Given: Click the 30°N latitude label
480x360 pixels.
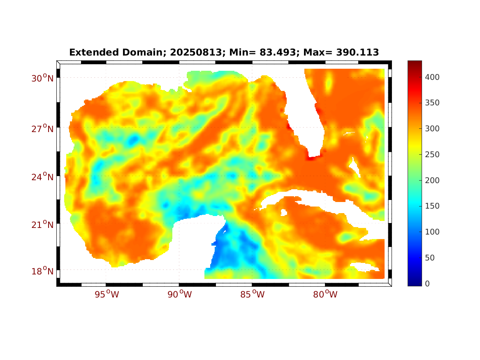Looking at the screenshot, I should (x=42, y=78).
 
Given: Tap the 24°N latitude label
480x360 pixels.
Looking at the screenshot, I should (x=42, y=177).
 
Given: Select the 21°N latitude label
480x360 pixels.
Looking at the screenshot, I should (x=42, y=225).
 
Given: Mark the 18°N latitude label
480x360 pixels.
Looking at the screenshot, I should (x=42, y=271).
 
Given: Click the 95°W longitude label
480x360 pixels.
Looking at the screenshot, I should (x=107, y=295).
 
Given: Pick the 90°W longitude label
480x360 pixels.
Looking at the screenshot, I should (x=180, y=295).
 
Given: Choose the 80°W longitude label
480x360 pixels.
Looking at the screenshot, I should (x=326, y=295).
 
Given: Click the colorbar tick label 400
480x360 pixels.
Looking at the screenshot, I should (x=433, y=77).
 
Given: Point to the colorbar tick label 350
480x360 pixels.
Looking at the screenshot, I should (x=433, y=103).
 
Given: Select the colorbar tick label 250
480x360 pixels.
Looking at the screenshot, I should (x=433, y=155).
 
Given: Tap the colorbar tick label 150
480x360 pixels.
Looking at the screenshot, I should (x=433, y=206).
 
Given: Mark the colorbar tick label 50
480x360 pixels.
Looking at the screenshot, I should (x=430, y=258).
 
